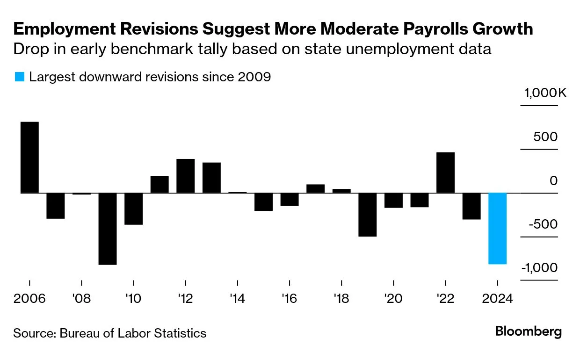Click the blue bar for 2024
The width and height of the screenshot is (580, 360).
pos(497,228)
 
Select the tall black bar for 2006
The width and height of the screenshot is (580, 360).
pos(29,157)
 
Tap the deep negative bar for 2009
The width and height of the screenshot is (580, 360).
pos(108,229)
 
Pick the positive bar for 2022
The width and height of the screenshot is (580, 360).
pos(445,173)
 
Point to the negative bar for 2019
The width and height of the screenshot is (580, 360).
pos(368,215)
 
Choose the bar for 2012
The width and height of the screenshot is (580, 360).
pos(186,176)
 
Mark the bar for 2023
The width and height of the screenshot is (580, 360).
pos(471,206)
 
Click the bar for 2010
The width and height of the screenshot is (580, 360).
pos(134,209)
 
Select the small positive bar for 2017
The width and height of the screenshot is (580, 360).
pos(316,188)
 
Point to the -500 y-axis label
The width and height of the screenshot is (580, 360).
pos(542,224)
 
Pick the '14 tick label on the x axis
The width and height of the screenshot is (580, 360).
pos(238,298)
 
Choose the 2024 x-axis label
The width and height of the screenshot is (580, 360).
pos(497,298)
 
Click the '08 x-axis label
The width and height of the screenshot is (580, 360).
pos(81,298)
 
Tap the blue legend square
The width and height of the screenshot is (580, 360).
pos(19,77)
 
